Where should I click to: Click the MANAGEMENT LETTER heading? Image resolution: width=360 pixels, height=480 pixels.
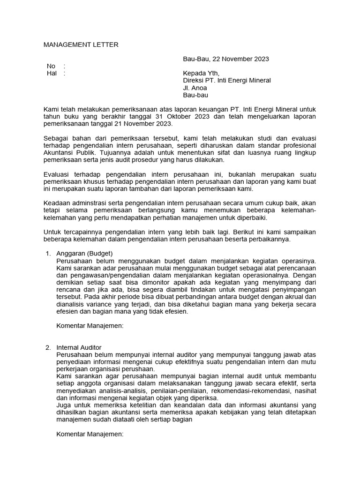tap(81, 45)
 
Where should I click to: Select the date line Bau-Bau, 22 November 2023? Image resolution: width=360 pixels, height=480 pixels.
tap(225, 59)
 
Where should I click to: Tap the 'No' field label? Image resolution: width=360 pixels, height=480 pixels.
tap(51, 66)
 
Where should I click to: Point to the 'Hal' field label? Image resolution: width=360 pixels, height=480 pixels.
tap(52, 73)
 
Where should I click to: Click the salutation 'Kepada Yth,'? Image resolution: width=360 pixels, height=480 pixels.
tap(201, 73)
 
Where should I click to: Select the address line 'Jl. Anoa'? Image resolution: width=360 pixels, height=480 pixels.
tap(195, 88)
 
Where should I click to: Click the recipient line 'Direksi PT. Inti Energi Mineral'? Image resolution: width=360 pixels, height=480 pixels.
tap(226, 80)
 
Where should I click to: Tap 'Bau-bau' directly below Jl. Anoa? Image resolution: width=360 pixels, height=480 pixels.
tap(195, 95)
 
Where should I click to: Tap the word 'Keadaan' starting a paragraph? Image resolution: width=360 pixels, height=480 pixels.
tap(57, 203)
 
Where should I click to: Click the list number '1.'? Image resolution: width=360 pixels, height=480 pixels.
tap(48, 254)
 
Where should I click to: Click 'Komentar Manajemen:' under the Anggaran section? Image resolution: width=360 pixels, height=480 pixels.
tap(90, 326)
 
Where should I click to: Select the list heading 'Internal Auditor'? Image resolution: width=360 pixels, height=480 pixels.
tap(79, 347)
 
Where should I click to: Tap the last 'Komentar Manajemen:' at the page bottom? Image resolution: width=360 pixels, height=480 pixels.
tap(90, 434)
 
